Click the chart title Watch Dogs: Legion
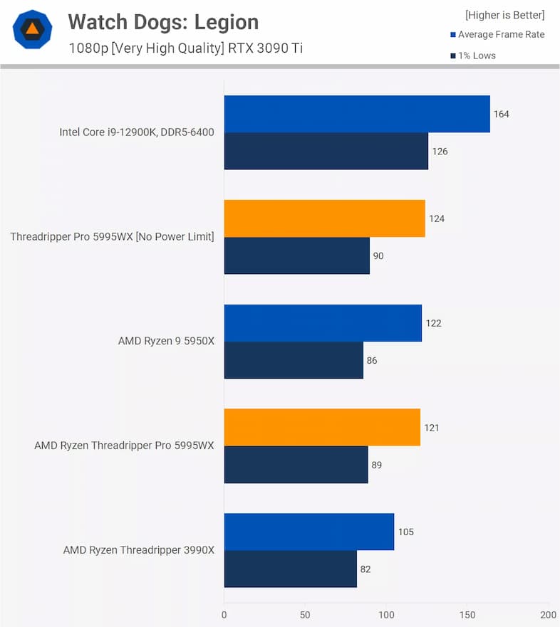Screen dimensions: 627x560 163,22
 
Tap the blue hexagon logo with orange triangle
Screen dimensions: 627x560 32,30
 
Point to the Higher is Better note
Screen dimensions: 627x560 504,15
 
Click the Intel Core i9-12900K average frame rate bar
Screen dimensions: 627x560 357,114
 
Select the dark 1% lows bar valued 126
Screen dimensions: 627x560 326,151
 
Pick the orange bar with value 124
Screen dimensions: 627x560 324,218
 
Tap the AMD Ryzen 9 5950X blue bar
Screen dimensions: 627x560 323,323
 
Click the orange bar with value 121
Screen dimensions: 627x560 322,428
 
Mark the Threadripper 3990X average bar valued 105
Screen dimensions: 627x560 309,532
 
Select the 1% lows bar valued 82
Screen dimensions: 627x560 291,569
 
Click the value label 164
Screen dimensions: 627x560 502,114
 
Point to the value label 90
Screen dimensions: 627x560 378,255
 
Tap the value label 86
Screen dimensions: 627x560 372,360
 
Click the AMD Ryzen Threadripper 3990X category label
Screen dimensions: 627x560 138,550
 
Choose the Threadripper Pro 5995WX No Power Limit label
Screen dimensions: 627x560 112,237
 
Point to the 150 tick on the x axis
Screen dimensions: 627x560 467,614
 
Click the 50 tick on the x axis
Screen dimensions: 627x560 305,614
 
